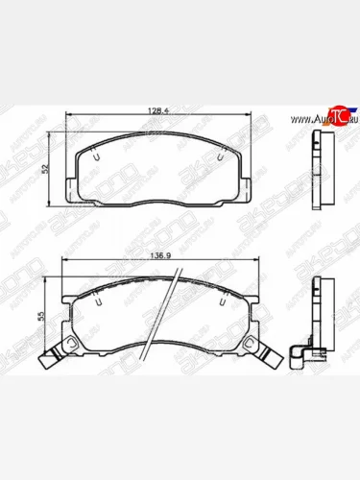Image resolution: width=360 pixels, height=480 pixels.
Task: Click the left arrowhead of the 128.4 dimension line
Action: coord(67,118)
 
